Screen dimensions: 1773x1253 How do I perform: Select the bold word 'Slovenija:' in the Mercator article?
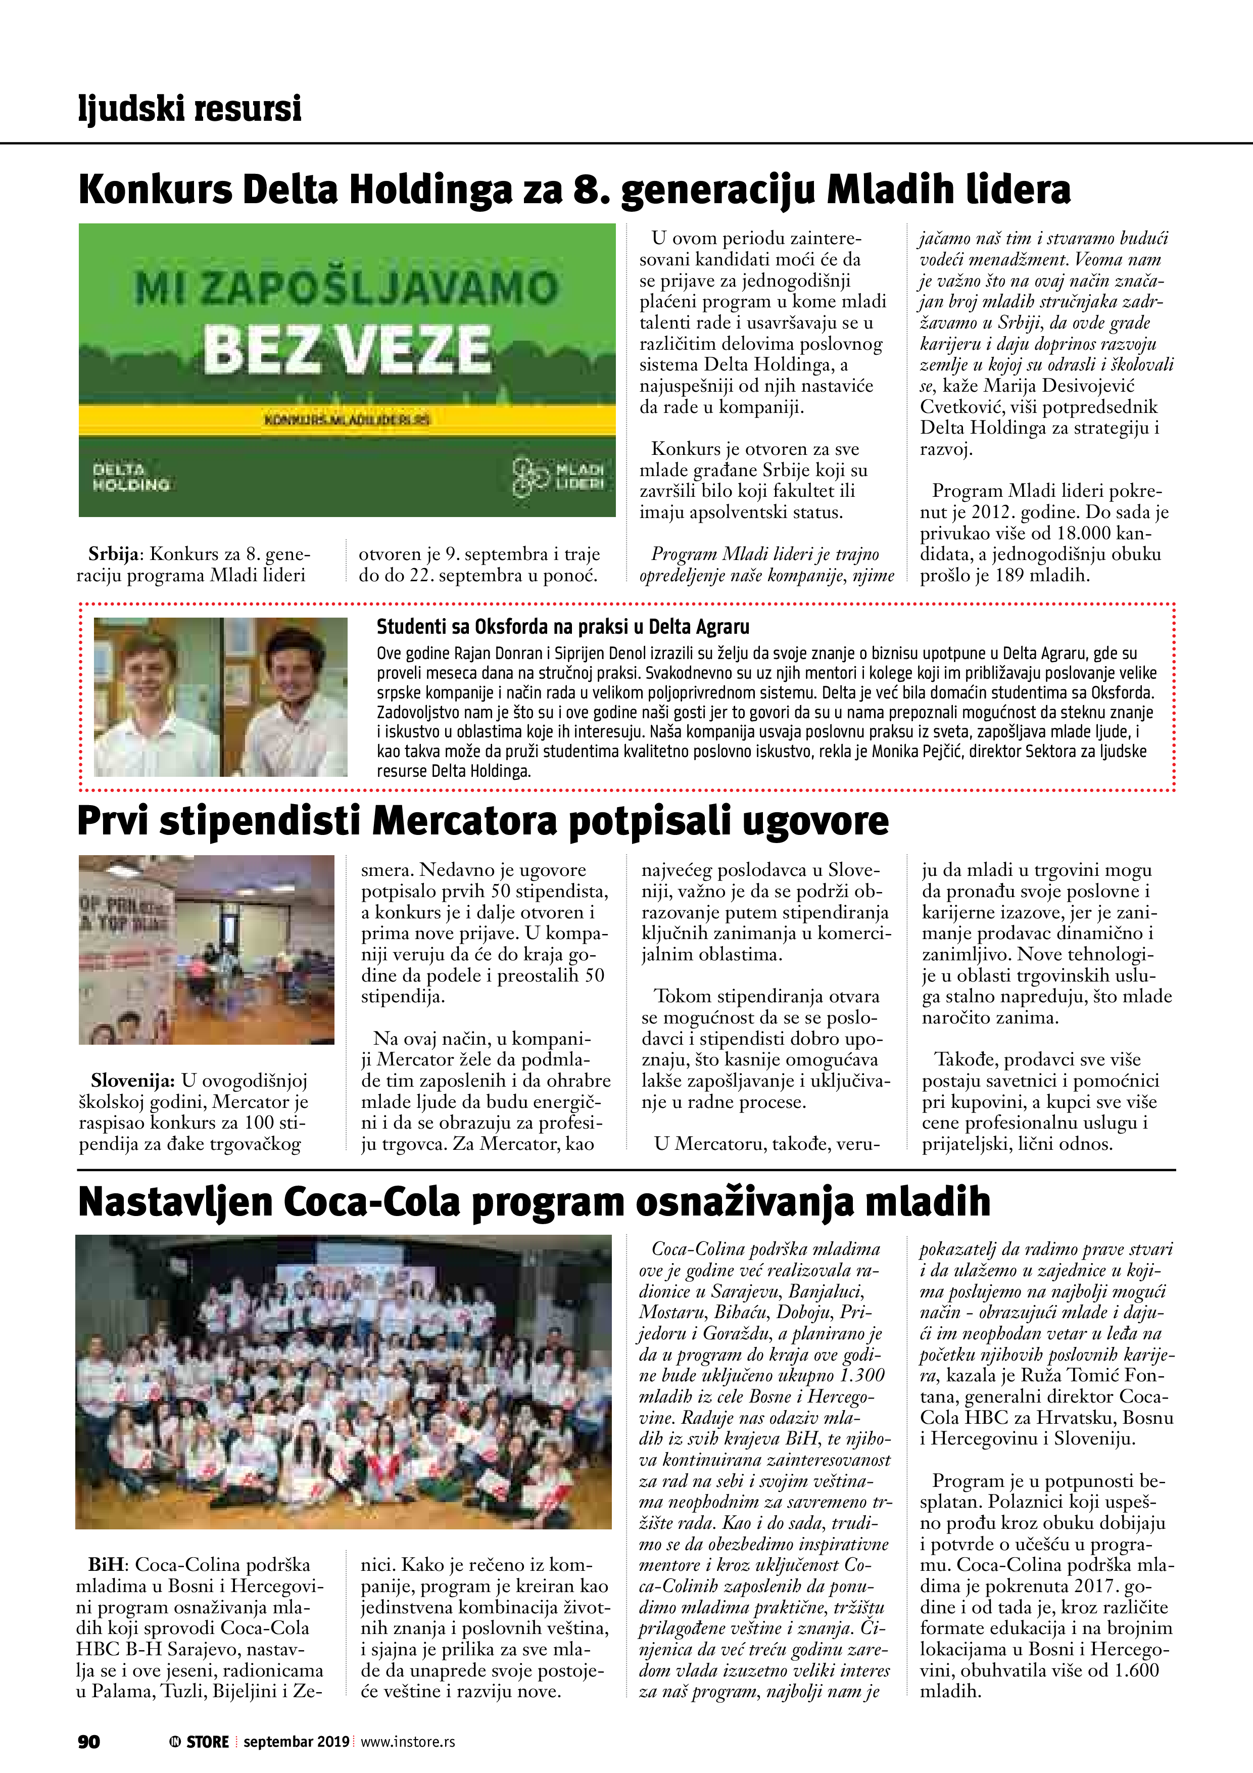[133, 1080]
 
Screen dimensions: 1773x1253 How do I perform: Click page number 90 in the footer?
[89, 1741]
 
